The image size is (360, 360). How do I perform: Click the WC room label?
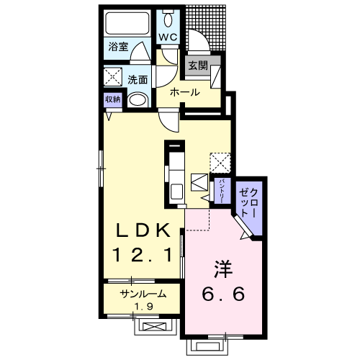pos(168,37)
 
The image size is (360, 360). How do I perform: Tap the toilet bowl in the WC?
pos(168,19)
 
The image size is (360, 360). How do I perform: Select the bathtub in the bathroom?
pos(127,24)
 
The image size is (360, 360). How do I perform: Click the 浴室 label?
pos(118,47)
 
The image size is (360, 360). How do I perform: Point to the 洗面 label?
pos(138,80)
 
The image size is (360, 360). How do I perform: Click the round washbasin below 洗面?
pos(137,100)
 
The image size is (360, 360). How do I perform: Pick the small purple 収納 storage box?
pos(113,99)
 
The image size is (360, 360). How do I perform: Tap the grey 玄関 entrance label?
pos(198,66)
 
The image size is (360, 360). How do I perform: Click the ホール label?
pos(185,92)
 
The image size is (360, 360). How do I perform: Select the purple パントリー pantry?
pos(222,191)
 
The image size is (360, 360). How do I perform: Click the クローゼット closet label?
pos(249,203)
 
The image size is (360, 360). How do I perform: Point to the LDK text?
pos(143,230)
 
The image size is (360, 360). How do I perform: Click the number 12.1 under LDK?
pos(143,255)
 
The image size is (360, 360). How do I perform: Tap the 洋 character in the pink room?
pos(223,269)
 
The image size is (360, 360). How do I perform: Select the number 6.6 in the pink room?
pos(223,294)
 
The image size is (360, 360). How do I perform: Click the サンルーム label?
pos(143,294)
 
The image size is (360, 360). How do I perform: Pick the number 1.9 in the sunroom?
pos(143,307)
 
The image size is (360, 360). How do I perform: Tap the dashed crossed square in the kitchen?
pos(220,163)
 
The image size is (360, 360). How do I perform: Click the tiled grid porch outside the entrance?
pos(207,27)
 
